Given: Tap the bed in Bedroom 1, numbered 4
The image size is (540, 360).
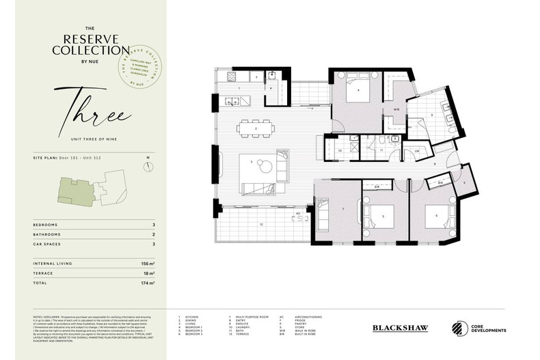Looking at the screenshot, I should coord(358,94).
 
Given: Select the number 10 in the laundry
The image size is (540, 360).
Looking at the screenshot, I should coord(340,150).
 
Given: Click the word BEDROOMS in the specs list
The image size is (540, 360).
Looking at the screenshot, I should coord(45,223).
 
